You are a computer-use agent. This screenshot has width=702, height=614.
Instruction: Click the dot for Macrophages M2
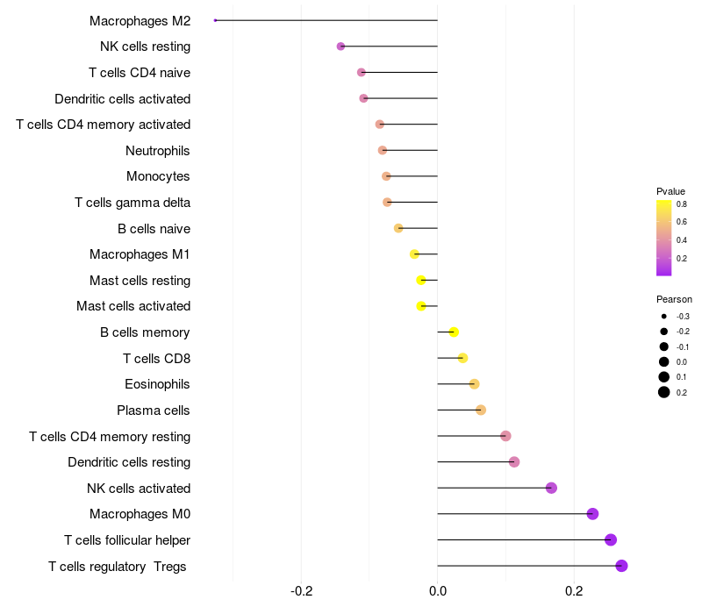click(x=216, y=20)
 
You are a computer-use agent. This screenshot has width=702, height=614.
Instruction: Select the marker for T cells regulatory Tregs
click(x=621, y=566)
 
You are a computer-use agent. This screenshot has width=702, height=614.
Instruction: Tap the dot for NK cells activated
click(x=551, y=488)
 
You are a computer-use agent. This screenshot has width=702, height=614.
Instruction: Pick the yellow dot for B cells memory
click(x=454, y=332)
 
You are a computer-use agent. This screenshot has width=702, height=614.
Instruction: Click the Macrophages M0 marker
click(x=592, y=514)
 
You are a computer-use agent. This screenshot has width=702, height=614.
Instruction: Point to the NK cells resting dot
click(x=340, y=46)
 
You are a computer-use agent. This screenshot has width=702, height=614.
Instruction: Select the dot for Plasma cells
click(x=480, y=410)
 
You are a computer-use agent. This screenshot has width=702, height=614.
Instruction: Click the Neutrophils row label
click(x=158, y=151)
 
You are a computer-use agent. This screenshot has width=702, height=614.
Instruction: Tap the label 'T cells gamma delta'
click(x=133, y=203)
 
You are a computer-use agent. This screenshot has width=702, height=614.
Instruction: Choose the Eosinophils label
click(x=158, y=384)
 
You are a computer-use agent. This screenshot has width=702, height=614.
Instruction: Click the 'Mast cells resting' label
click(x=140, y=281)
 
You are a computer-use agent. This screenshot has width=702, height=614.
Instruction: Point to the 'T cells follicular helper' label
click(x=127, y=540)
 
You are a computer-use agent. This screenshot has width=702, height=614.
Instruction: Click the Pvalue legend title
click(x=670, y=191)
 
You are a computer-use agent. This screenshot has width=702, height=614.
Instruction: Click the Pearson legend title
click(x=674, y=299)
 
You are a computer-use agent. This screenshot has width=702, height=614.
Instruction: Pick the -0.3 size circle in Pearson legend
click(x=664, y=316)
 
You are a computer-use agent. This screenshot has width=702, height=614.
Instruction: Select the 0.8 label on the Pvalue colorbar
click(x=681, y=204)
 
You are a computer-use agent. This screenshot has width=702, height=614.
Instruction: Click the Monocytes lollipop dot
click(x=386, y=176)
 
